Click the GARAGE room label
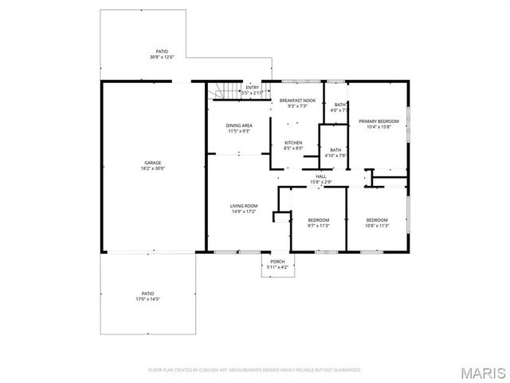coord(147,163)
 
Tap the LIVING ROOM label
coord(244,206)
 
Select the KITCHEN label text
coord(293,143)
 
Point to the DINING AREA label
coord(239,125)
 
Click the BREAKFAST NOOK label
coord(297,101)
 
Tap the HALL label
coord(320,176)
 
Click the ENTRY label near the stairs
coord(252,88)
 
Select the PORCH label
coord(277,262)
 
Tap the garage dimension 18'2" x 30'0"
coord(147,168)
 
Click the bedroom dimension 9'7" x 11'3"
coord(318,226)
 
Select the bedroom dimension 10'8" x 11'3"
coord(377,226)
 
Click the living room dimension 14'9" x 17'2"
coord(244,211)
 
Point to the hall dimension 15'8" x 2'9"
coord(320,182)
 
